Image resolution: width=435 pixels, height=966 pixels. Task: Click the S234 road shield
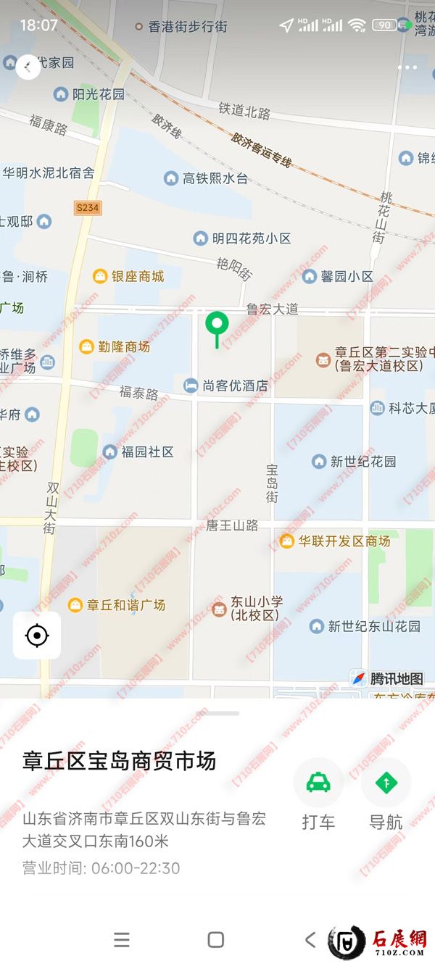87,208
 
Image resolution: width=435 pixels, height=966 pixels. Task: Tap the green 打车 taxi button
318,783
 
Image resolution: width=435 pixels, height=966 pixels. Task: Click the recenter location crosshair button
37,636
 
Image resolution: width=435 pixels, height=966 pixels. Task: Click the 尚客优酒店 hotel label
233,386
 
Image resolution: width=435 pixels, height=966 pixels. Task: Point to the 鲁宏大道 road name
272,309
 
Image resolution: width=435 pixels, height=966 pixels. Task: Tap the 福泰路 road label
138,394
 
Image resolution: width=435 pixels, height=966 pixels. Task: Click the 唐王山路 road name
232,525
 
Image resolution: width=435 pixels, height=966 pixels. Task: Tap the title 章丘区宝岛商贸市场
120,761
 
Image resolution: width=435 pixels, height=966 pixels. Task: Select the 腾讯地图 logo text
396,679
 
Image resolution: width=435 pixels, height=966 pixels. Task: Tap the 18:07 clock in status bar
38,25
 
